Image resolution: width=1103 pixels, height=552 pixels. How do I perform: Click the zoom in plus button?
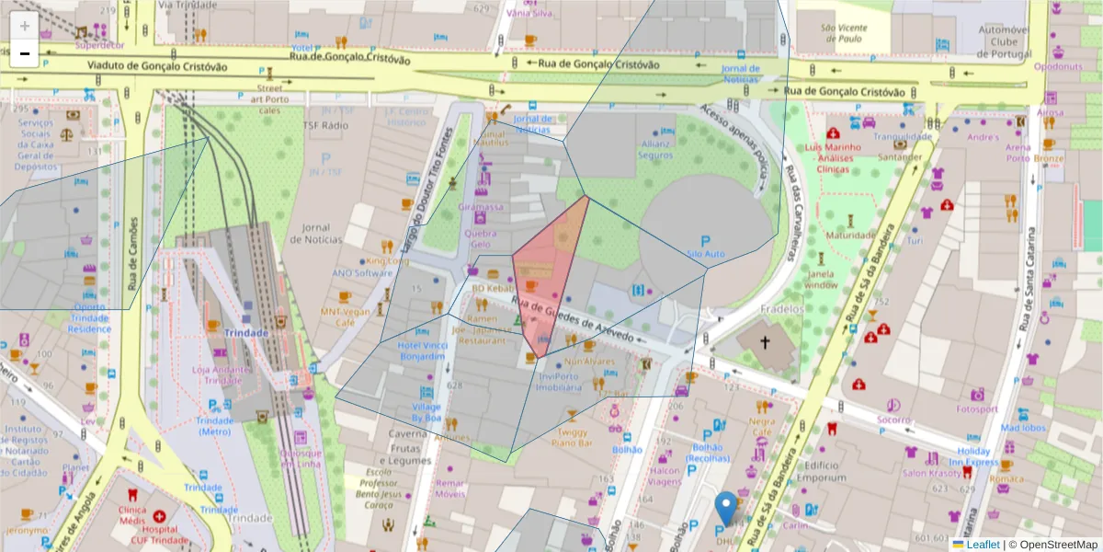[x=25, y=26]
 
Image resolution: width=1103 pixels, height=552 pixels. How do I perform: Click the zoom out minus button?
[x=25, y=53]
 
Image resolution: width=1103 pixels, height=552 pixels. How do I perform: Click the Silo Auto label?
[x=706, y=253]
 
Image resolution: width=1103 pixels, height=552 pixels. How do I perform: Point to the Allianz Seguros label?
[x=655, y=150]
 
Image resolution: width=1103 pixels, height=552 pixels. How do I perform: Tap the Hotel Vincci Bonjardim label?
[x=421, y=351]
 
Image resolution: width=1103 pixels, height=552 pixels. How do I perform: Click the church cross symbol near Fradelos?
[x=765, y=344]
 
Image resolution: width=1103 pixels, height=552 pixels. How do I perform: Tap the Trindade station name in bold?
[x=245, y=333]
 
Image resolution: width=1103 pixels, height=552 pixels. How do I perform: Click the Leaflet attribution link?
[x=983, y=545]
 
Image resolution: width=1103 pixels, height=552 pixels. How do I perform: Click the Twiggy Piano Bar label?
[x=571, y=437]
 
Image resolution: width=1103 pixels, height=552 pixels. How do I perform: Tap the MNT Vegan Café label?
[x=345, y=316]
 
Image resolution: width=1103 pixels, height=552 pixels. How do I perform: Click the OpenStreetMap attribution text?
[x=1058, y=545]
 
